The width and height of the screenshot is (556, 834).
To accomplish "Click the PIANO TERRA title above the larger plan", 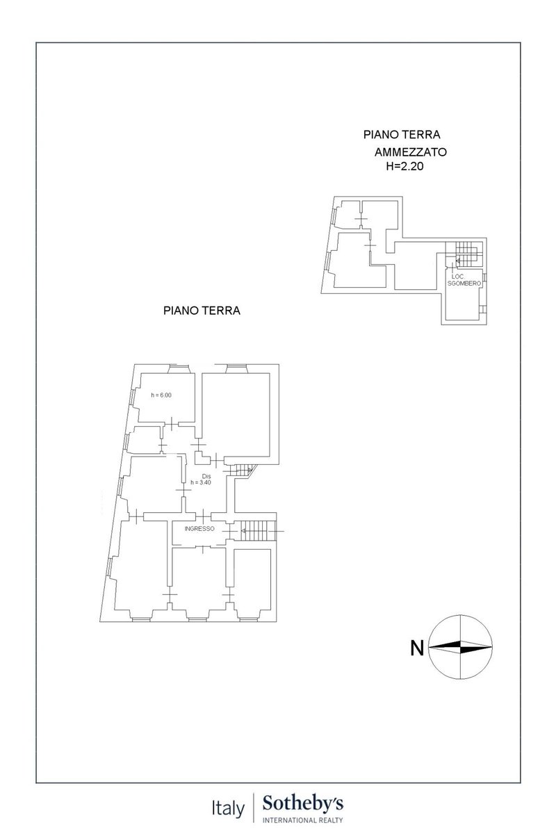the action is pyautogui.click(x=202, y=310).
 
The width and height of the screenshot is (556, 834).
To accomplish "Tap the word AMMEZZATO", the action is pyautogui.click(x=410, y=152).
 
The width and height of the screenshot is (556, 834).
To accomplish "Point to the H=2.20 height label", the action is pyautogui.click(x=404, y=166).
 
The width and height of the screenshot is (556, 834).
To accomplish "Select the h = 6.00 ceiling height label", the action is pyautogui.click(x=161, y=395).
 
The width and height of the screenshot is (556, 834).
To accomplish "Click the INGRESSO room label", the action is pyautogui.click(x=199, y=528).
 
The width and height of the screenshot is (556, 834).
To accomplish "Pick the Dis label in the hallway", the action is pyautogui.click(x=206, y=476).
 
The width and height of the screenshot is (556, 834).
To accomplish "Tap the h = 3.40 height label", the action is pyautogui.click(x=201, y=482).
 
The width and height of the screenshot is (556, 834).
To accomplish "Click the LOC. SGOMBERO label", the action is pyautogui.click(x=464, y=280).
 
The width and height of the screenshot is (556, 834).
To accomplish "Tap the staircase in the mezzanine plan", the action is pyautogui.click(x=464, y=254).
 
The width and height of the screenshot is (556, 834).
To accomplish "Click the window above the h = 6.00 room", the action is pyautogui.click(x=179, y=368).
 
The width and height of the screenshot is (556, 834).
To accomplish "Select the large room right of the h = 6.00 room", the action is pyautogui.click(x=236, y=415).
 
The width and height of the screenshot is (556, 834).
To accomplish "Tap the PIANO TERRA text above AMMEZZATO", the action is pyautogui.click(x=402, y=134).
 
